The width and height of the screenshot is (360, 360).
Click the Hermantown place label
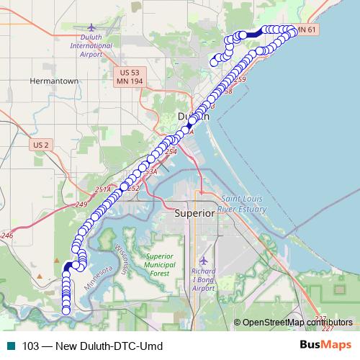pyautogui.click(x=53, y=81)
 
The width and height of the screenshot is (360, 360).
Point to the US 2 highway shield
pyautogui.click(x=41, y=145)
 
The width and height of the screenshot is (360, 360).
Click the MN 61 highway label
pyautogui.click(x=306, y=30)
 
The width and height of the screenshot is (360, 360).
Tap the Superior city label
pyautogui.click(x=195, y=213)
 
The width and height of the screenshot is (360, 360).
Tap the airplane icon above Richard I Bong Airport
pyautogui.click(x=204, y=258)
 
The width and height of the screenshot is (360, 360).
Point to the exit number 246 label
pyautogui.click(x=7, y=235)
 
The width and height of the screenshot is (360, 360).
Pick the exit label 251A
pyautogui.click(x=103, y=189)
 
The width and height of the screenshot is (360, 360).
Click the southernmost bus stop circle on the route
pyautogui.click(x=66, y=310)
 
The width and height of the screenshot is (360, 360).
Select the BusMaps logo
pyautogui.click(x=325, y=346)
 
